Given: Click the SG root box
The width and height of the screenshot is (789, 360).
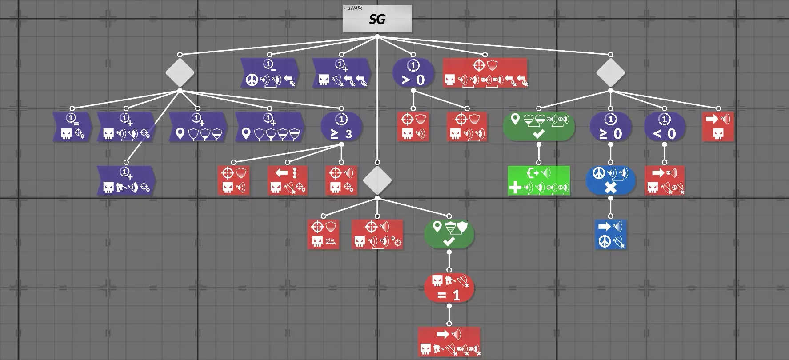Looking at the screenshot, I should click(x=377, y=19).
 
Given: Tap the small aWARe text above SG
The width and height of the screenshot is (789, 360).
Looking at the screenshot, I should click(x=353, y=8).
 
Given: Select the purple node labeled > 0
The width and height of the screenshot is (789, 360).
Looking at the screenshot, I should click(x=413, y=73).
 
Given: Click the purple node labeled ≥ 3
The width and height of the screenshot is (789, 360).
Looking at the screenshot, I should click(x=341, y=127).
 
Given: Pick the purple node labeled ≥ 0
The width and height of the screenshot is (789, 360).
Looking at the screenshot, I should click(x=610, y=127).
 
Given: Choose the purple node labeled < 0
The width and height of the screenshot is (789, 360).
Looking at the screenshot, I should click(x=664, y=127).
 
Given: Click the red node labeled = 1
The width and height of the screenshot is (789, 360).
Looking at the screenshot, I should click(x=449, y=288).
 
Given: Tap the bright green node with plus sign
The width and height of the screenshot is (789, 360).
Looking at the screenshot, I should click(x=538, y=180).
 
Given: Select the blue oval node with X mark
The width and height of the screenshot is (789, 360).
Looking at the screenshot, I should click(x=610, y=180).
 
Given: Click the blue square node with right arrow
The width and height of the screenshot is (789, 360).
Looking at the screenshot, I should click(x=610, y=234).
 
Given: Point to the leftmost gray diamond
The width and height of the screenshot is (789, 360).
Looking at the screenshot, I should click(x=180, y=72).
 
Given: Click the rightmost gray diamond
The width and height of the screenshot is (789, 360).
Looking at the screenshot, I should click(x=610, y=72).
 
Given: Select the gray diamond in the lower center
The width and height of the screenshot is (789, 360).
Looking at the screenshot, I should click(x=377, y=180).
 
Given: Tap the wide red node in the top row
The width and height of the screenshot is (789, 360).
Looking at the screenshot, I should click(x=485, y=73).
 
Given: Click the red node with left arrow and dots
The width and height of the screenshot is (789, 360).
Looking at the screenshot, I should click(x=287, y=180).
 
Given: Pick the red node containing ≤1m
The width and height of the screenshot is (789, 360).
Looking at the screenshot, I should click(x=323, y=234).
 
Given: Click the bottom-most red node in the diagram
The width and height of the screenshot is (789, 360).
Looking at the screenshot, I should click(x=449, y=342).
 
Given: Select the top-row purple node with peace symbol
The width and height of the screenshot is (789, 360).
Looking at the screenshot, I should click(x=269, y=73).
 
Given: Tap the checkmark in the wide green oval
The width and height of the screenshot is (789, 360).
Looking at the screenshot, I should click(x=538, y=133).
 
